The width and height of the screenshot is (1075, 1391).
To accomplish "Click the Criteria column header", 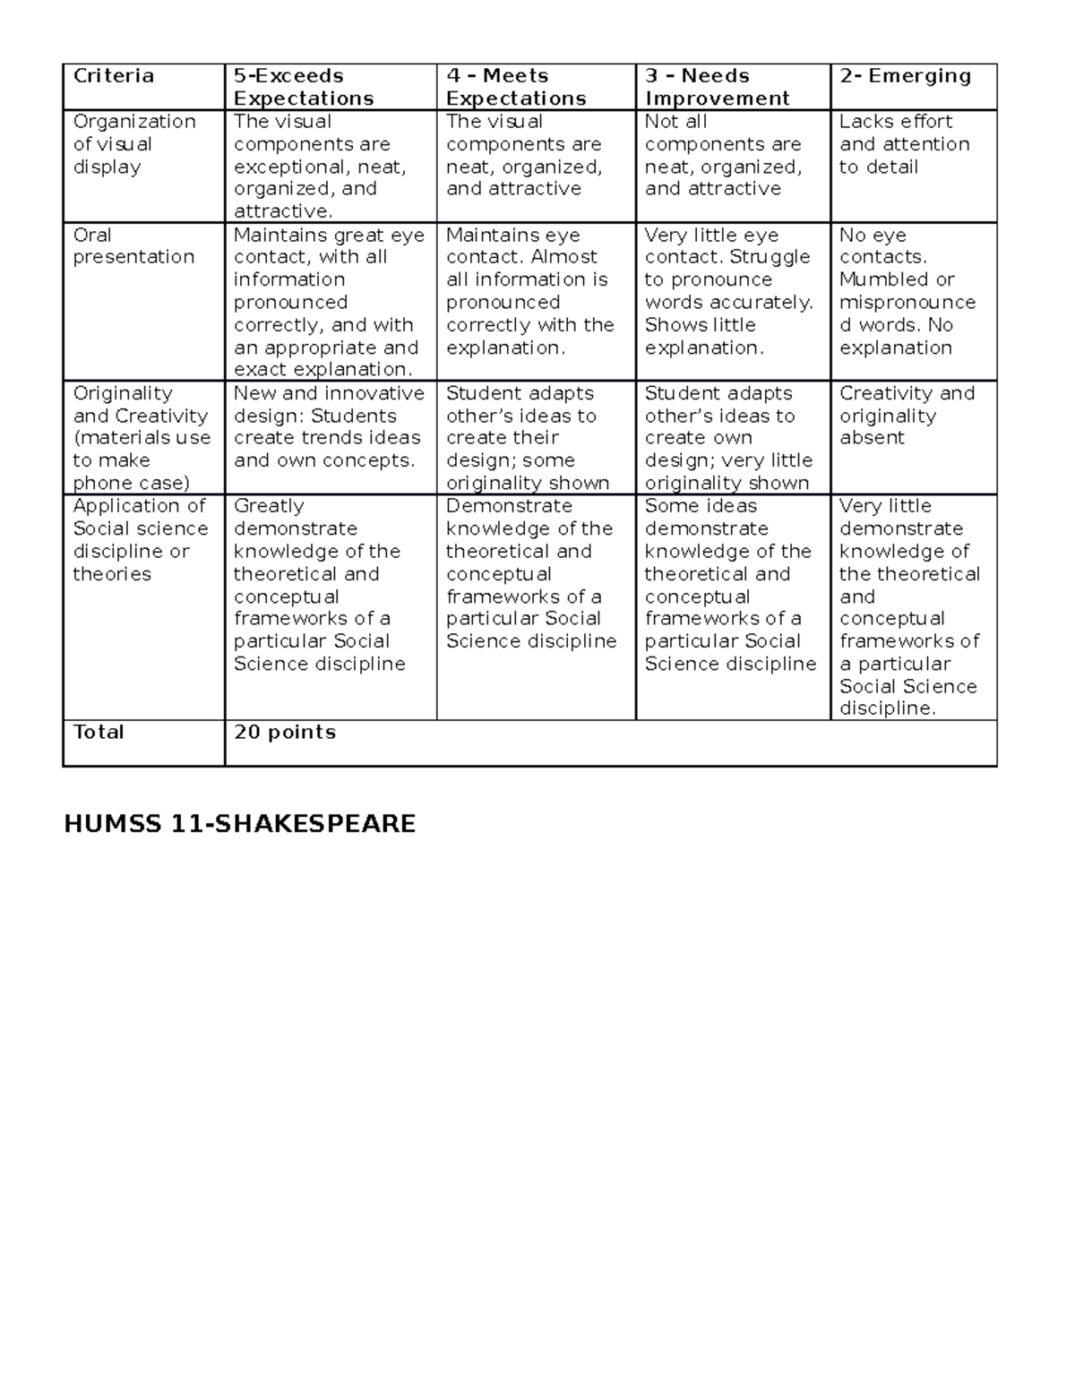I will point(114,76).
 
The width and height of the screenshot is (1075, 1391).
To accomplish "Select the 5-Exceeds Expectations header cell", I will point(304,87).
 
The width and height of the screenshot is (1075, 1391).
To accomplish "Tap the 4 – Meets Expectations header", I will point(516,87).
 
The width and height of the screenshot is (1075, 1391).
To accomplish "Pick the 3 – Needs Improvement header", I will point(717,87).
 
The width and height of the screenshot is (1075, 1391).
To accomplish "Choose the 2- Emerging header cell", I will point(905,76).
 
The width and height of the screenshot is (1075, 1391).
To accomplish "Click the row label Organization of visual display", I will point(133,144).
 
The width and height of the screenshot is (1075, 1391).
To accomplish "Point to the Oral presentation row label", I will point(133,245).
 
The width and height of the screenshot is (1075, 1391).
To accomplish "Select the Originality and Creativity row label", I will point(141,438).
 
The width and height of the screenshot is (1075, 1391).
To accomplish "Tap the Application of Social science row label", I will point(140,540).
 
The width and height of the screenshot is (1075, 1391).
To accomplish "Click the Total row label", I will point(99,732).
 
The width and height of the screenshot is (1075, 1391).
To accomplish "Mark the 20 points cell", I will point(285,732).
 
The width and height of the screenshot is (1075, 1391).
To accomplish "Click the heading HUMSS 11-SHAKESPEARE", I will point(239,823).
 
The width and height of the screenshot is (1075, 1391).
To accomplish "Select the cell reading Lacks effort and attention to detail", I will point(904,144).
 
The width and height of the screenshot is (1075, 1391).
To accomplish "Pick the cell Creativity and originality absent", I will point(907,416).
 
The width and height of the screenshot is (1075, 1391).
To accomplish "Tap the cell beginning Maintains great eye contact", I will point(328,302).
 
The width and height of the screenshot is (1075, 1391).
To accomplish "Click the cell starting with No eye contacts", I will point(907,291).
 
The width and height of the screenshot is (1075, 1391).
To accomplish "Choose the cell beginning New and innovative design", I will point(328,427).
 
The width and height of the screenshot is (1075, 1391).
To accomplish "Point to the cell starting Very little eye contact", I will point(728,291).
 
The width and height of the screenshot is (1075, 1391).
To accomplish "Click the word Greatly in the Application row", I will point(269,506).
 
